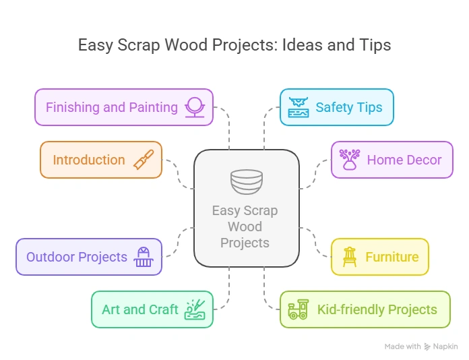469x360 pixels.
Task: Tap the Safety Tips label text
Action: click(348, 107)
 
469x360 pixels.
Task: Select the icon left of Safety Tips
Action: click(297, 107)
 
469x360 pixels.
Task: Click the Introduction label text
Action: click(89, 160)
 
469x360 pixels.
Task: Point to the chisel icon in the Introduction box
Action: click(143, 160)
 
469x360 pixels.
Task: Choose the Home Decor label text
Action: click(404, 160)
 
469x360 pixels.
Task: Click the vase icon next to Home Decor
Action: click(350, 160)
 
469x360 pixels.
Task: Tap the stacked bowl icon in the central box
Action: click(246, 181)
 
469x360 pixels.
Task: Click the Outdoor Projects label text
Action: click(77, 257)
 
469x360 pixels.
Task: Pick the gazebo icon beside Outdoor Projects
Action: click(144, 257)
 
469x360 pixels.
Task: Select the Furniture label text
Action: click(392, 257)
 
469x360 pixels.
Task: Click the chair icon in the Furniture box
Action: click(349, 257)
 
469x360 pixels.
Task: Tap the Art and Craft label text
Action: click(140, 309)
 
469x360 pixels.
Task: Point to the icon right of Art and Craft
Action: click(195, 309)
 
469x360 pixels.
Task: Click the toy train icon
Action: click(298, 309)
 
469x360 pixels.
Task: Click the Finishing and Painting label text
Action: click(112, 107)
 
